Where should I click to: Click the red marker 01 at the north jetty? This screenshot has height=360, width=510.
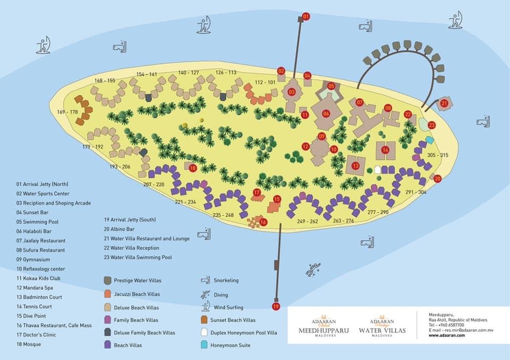[305, 17]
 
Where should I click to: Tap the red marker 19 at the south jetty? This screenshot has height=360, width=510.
[276, 306]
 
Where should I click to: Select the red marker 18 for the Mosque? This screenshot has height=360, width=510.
[193, 168]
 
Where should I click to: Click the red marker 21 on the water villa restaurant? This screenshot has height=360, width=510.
[444, 103]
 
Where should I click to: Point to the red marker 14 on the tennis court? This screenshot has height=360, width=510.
[386, 150]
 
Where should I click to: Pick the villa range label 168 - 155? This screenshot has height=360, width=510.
[105, 81]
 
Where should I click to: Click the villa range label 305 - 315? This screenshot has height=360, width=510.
[438, 155]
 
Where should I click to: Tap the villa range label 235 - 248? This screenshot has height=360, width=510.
[223, 215]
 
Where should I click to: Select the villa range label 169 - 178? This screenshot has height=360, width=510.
[67, 112]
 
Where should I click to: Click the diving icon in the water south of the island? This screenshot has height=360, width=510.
[313, 269]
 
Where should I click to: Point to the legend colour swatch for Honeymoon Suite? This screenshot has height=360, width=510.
[205, 345]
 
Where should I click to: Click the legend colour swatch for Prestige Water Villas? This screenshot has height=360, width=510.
[108, 280]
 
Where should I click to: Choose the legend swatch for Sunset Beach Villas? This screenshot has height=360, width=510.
[205, 320]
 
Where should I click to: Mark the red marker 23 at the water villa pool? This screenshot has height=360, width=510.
[432, 125]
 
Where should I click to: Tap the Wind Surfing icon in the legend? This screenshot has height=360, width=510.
[205, 306]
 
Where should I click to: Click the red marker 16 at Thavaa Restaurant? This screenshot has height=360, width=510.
[263, 222]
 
